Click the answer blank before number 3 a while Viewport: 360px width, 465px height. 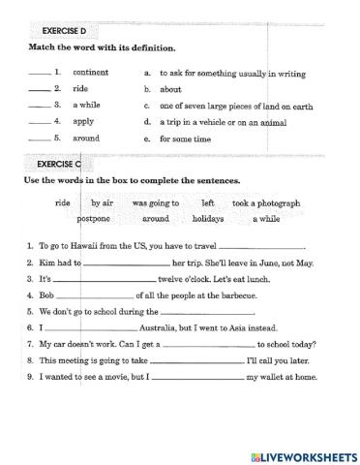coord(39,106)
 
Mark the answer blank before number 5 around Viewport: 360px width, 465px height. coord(39,139)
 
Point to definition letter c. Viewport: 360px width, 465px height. coord(146,105)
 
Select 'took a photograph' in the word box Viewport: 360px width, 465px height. coord(266,203)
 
